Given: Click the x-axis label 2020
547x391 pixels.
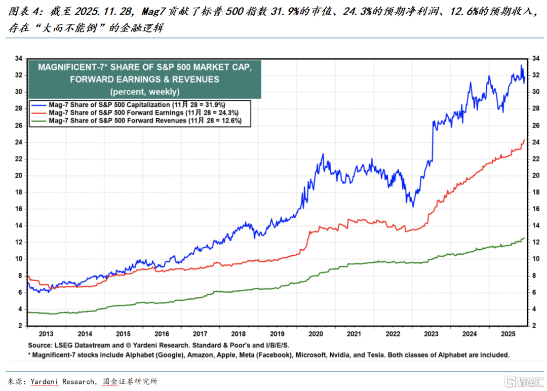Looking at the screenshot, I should click(316, 334).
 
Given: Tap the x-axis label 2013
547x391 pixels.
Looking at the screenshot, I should click(46, 334).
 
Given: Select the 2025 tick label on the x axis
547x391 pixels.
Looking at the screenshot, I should click(508, 334).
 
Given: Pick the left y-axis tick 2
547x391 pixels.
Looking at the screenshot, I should click(19, 326).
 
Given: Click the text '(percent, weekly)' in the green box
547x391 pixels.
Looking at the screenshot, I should click(144, 92).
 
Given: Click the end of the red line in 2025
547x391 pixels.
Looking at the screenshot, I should click(523, 140).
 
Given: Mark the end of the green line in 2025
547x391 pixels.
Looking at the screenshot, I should click(523, 238).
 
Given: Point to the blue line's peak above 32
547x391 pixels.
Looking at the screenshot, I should click(522, 65).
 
